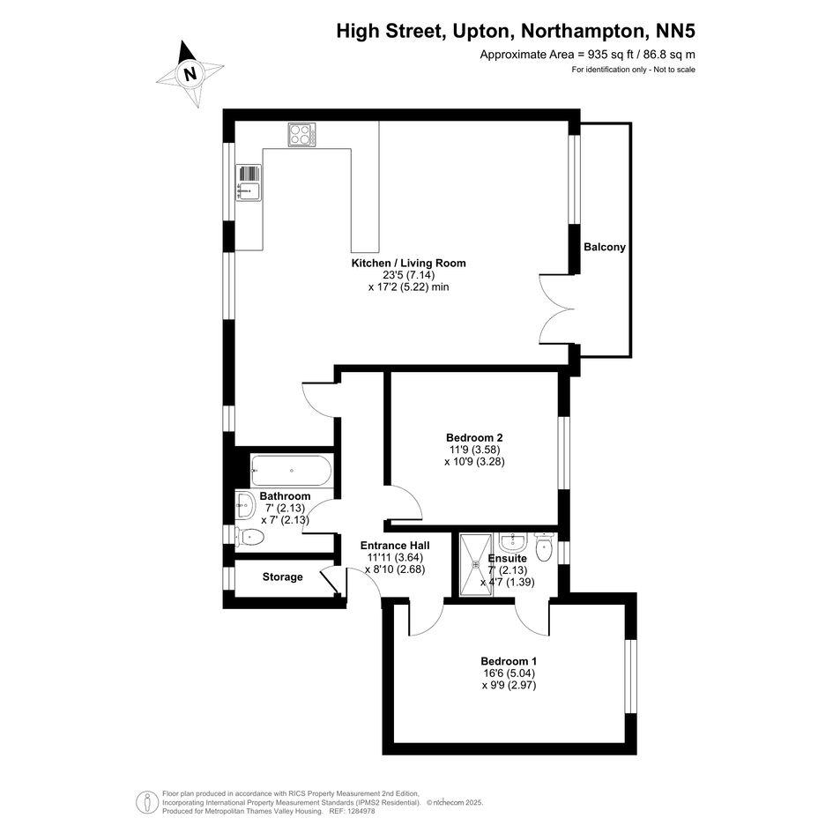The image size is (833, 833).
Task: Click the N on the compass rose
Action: pos(190,73)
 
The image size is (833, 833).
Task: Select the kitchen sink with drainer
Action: pos(249,182)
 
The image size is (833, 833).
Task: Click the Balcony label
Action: pos(605,247)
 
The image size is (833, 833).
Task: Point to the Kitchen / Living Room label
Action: pos(408,263)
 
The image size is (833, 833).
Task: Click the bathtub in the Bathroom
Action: pos(291,471)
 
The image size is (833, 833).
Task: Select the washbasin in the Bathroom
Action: pos(245,505)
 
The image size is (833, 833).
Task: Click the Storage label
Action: pos(283,577)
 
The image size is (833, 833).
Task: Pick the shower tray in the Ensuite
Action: pos(476,565)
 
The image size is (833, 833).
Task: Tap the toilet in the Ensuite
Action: pos(544,547)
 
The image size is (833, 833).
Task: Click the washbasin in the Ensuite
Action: pos(513,542)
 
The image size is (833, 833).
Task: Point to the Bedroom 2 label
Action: pos(474,438)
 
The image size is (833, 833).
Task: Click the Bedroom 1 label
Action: pos(509,661)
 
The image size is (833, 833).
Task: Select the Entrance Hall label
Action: pos(395,546)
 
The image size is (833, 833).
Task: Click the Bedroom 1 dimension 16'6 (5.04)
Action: pos(509,673)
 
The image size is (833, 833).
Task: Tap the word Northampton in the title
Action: pos(583,32)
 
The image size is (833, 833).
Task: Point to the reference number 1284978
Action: pos(361,811)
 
